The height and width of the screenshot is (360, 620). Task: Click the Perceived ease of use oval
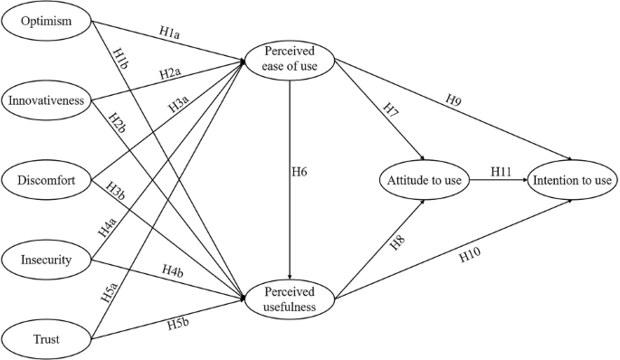point(289,62)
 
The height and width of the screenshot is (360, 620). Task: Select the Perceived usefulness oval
point(289,299)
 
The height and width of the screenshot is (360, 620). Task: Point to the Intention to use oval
point(571,181)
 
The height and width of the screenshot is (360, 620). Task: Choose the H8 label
point(369,244)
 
